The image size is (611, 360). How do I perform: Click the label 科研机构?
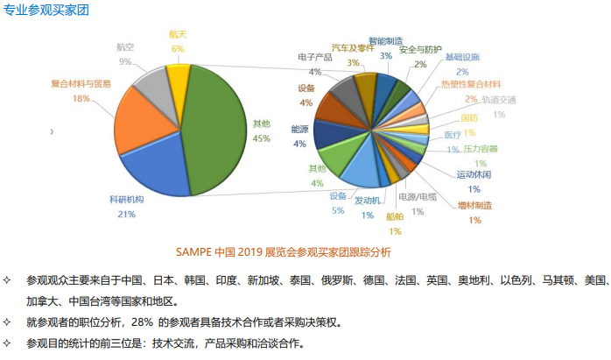coord(126,200)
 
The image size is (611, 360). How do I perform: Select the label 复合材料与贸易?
coord(81,84)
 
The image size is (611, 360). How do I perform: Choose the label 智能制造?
coord(385,40)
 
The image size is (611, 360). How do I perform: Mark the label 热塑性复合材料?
coord(471,84)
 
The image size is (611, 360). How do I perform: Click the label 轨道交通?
coord(499,100)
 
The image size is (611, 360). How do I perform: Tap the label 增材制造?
coord(474,206)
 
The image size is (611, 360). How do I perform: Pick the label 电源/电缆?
coord(418,197)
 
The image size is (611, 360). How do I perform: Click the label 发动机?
coord(368,201)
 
